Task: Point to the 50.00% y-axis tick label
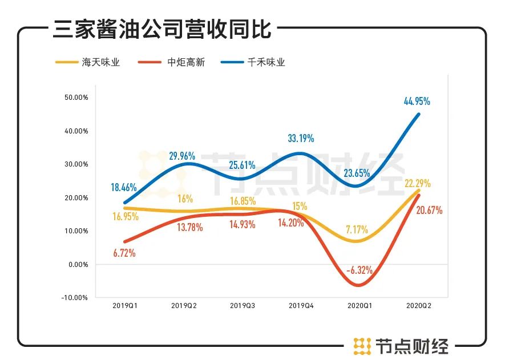(76, 98)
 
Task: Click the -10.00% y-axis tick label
(76, 297)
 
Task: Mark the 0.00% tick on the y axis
(78, 264)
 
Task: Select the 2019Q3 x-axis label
(242, 306)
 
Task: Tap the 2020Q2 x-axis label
(418, 306)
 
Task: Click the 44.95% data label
(417, 102)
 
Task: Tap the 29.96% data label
(182, 155)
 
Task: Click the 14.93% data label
(242, 224)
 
